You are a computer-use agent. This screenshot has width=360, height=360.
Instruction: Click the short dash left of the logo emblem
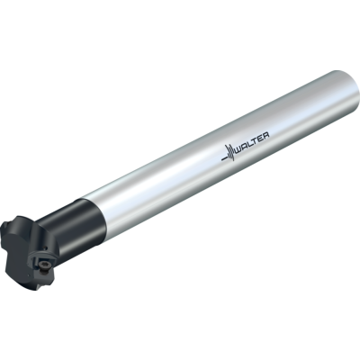click(x=223, y=158)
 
